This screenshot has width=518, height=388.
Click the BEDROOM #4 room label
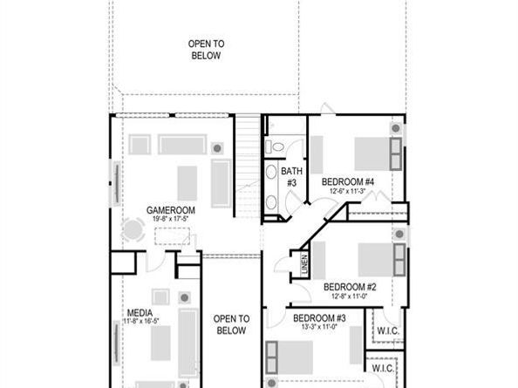(348, 181)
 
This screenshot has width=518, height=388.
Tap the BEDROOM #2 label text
(349, 286)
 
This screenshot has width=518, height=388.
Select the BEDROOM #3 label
(320, 317)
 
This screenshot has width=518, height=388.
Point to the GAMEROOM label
(170, 210)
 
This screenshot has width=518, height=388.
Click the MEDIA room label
(140, 312)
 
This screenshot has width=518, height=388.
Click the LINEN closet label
(304, 263)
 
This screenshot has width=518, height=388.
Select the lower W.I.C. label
(381, 368)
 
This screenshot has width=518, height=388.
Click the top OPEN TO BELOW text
(206, 49)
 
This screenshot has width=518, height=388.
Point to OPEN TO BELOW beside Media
(231, 324)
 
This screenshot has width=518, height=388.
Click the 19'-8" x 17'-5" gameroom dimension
(170, 220)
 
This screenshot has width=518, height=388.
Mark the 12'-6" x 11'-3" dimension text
(348, 191)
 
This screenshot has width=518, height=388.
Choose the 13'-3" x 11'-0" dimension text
(320, 327)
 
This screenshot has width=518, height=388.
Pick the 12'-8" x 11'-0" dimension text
(349, 296)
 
